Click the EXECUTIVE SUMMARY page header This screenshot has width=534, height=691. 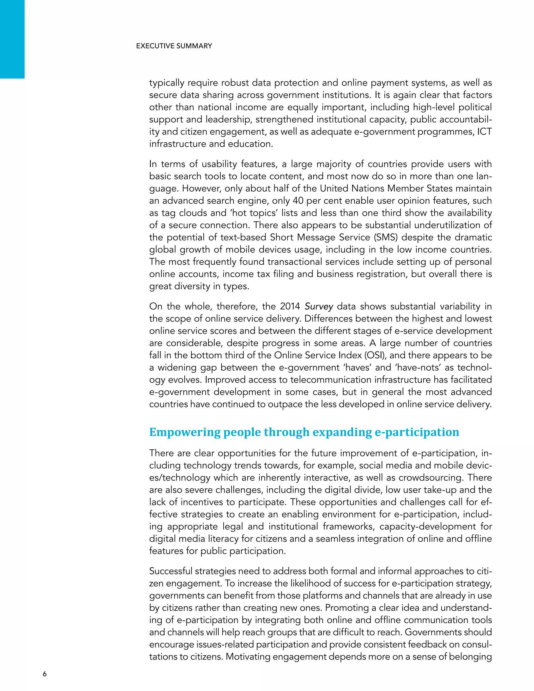174,46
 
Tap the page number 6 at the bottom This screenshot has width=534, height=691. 45,674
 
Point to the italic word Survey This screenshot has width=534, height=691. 319,306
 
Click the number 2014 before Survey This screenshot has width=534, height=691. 291,306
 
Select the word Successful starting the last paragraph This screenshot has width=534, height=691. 171,571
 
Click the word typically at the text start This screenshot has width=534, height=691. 167,83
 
